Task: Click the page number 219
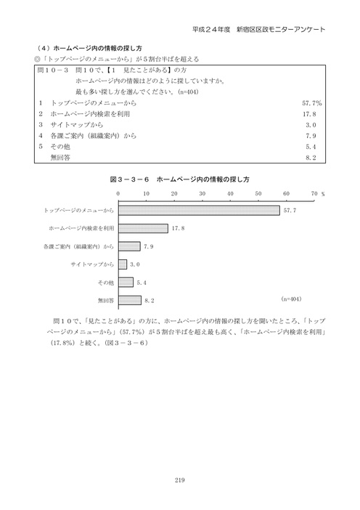180,479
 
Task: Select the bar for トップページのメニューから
198,211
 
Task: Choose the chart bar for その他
125,282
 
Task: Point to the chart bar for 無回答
129,299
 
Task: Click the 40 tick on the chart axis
230,195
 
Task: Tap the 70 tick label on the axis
314,195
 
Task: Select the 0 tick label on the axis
118,195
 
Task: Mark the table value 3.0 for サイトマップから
316,125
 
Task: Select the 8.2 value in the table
316,156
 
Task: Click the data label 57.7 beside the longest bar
290,211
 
